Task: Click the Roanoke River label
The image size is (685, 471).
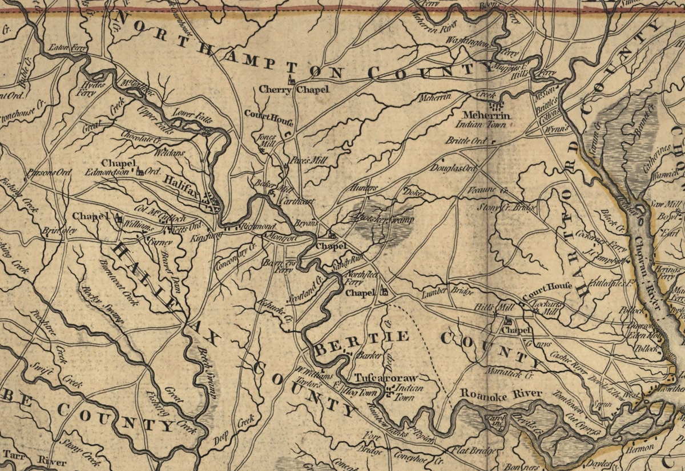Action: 501,393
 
